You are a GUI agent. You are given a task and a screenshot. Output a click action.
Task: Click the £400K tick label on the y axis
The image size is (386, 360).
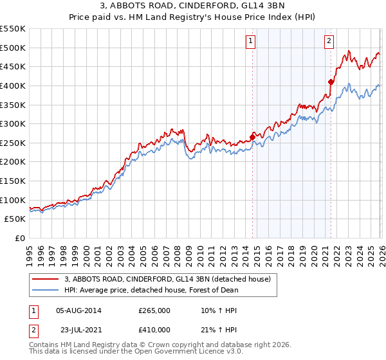pyautogui.click(x=13, y=85)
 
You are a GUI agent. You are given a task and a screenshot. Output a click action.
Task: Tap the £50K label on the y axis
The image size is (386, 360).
pyautogui.click(x=15, y=219)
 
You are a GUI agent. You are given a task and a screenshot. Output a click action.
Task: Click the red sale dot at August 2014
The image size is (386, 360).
pyautogui.click(x=252, y=137)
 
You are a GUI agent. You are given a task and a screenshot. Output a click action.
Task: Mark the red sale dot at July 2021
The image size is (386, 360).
pyautogui.click(x=331, y=82)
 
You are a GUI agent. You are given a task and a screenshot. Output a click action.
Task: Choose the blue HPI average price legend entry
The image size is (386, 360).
pyautogui.click(x=151, y=290)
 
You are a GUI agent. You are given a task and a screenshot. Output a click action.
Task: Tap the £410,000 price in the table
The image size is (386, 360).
pyautogui.click(x=154, y=329)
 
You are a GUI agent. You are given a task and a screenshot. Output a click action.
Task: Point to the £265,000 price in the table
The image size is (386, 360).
pyautogui.click(x=154, y=310)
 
